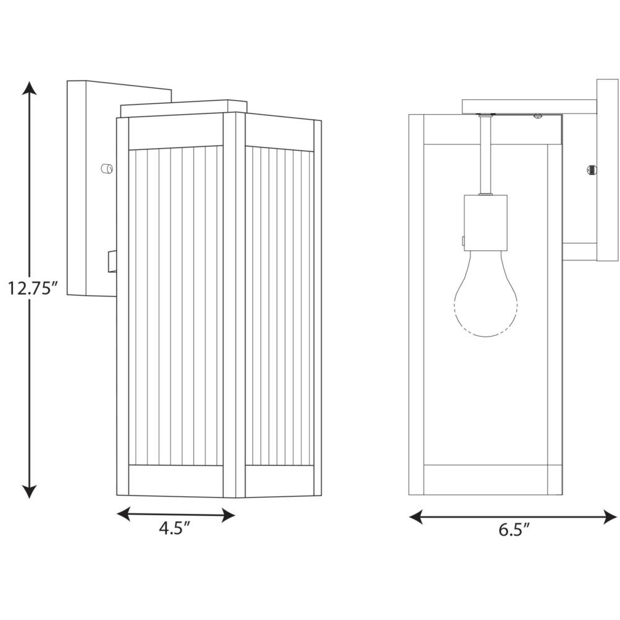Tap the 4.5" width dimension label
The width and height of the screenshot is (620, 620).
pos(175,528)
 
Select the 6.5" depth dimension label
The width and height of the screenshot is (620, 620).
pos(513,529)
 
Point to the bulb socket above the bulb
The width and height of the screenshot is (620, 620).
pos(485,223)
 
